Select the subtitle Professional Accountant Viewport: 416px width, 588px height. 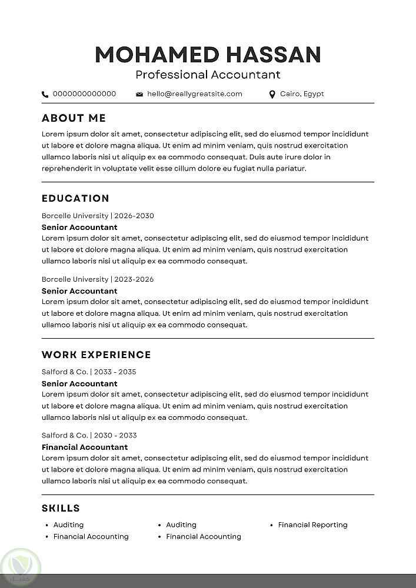[208, 75]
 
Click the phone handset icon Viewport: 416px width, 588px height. [45, 94]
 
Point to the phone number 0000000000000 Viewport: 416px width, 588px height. [84, 93]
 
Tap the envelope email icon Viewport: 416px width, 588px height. [139, 94]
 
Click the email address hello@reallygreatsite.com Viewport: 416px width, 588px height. [195, 93]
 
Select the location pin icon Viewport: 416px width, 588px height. [272, 94]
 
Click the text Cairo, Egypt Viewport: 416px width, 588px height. [302, 93]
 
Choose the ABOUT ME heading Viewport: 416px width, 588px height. [74, 118]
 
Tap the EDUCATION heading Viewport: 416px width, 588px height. [76, 199]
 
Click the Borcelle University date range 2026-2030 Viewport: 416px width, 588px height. [134, 216]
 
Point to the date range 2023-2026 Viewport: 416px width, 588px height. [134, 279]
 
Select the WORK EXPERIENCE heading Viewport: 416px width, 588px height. [96, 355]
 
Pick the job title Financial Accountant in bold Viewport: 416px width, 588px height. [85, 447]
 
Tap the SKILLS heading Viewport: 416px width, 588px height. [61, 509]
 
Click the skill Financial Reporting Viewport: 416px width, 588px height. [313, 525]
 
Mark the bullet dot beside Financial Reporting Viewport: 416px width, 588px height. [272, 525]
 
